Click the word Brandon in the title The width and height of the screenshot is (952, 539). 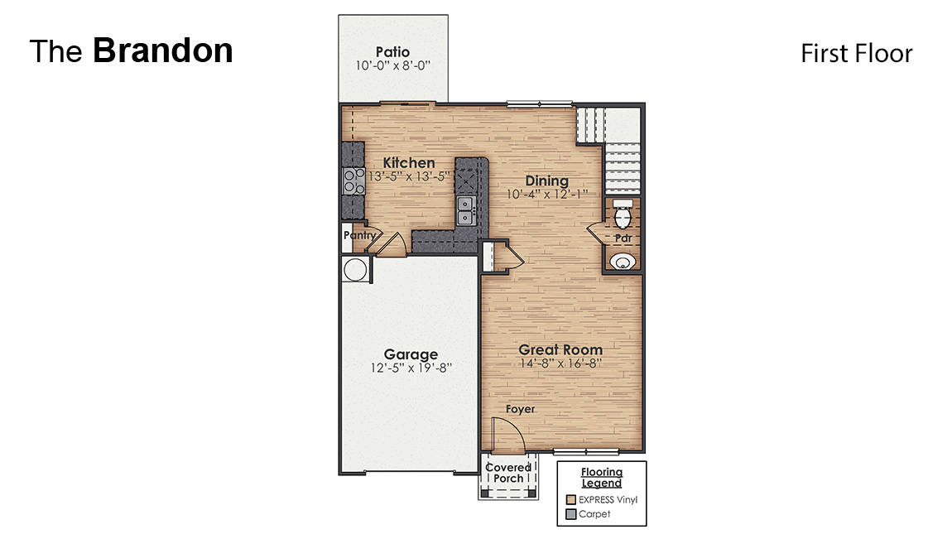(162, 51)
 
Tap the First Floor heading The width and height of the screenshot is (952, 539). (856, 54)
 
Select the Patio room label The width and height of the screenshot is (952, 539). (392, 52)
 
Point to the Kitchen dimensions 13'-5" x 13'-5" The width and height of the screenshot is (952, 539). (408, 177)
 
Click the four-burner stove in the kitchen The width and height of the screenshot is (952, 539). (353, 181)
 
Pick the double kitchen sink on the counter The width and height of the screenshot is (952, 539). (466, 210)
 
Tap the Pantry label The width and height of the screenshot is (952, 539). (359, 235)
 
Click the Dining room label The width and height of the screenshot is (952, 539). (547, 180)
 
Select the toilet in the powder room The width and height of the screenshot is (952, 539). (623, 216)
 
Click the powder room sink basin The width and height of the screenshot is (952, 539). (623, 262)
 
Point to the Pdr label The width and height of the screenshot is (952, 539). (623, 238)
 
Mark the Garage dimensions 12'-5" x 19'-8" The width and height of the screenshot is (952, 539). (411, 368)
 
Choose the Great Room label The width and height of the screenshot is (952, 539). (560, 349)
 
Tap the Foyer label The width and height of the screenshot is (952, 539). (521, 409)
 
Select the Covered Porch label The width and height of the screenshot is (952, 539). (508, 473)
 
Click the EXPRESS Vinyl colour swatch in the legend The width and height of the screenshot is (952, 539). (571, 499)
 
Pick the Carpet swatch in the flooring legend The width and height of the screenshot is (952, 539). (571, 514)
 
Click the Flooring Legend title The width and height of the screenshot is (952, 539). (601, 478)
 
